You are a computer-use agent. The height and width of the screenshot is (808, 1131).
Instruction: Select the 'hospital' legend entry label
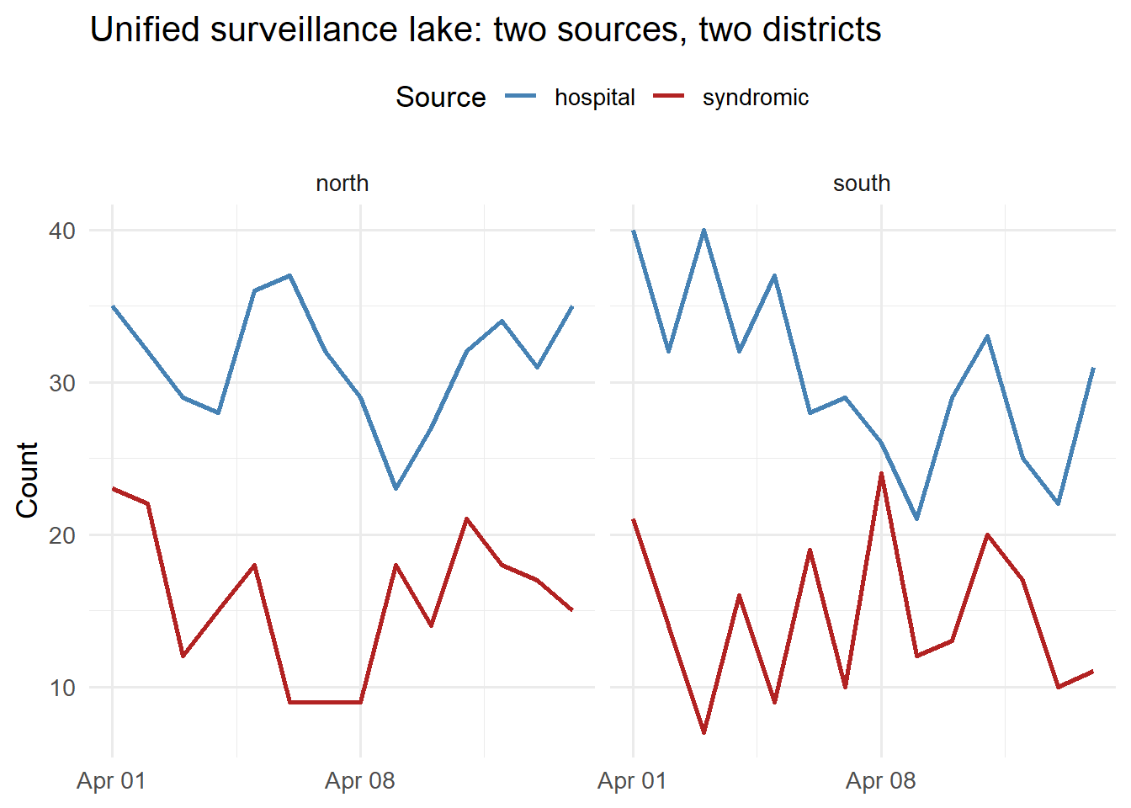pos(594,98)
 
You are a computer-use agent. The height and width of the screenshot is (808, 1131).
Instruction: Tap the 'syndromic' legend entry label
pos(755,98)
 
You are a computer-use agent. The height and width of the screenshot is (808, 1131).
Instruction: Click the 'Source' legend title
pos(440,98)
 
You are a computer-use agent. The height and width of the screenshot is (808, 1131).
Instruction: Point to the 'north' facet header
pos(342,183)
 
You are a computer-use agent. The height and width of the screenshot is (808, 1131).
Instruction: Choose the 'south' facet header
pos(861,183)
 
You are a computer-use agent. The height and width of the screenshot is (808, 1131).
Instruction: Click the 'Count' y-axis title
pos(28,479)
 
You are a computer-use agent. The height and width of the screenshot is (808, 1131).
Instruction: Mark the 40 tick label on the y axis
pos(62,231)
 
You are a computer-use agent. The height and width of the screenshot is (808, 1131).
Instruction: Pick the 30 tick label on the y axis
pos(62,383)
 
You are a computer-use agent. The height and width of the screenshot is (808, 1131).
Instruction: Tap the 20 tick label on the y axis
pos(62,535)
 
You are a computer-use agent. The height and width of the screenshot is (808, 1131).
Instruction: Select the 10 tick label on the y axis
pos(62,688)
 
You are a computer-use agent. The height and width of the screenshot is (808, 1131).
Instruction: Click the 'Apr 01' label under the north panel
pos(111,781)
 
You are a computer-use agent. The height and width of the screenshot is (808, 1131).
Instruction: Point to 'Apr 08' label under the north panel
pos(360,781)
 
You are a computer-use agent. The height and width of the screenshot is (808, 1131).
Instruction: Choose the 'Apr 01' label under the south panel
pos(632,781)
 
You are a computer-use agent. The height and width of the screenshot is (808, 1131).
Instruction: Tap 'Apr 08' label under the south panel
pos(880,781)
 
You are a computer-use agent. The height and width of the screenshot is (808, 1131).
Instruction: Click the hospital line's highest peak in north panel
pos(289,275)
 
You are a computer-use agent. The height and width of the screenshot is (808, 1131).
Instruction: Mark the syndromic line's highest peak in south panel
pos(881,474)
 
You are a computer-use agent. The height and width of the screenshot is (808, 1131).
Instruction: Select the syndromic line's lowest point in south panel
pos(704,732)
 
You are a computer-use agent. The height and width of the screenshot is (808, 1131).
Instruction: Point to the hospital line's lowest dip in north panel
pos(396,488)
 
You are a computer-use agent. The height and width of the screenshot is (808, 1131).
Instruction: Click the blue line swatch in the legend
pos(521,98)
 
